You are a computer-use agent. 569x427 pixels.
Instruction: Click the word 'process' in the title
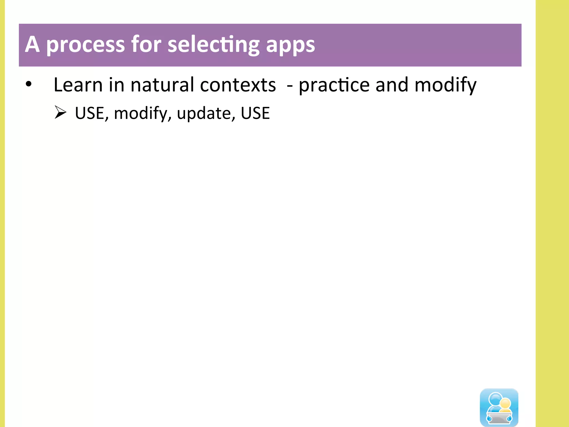pyautogui.click(x=85, y=45)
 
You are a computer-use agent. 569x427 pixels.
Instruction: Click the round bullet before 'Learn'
pyautogui.click(x=29, y=84)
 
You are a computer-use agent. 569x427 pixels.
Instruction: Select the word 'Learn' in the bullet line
pyautogui.click(x=78, y=85)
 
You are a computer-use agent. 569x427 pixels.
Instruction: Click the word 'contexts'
pyautogui.click(x=238, y=85)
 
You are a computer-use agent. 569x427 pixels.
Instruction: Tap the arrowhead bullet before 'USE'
pyautogui.click(x=60, y=112)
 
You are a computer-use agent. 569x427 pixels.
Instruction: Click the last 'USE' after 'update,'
pyautogui.click(x=255, y=113)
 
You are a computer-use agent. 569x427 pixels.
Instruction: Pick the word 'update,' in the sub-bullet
pyautogui.click(x=206, y=113)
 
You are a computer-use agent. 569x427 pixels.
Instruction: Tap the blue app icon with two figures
pyautogui.click(x=499, y=407)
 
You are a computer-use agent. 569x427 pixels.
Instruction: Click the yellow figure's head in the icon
pyautogui.click(x=505, y=403)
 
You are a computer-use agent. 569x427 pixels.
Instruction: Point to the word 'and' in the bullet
pyautogui.click(x=392, y=85)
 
